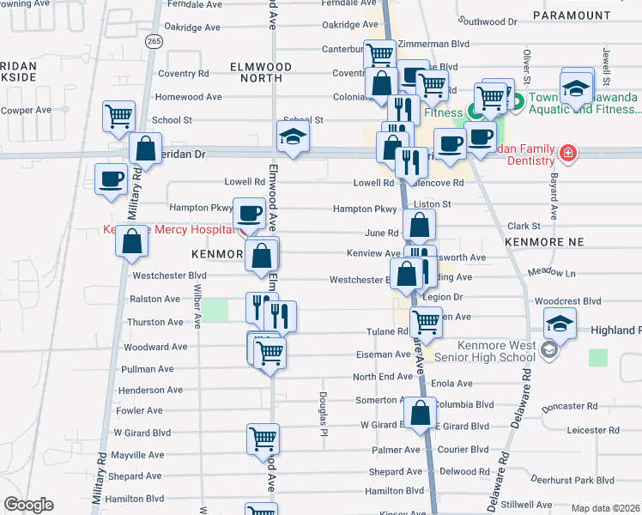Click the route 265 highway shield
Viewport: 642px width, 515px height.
pyautogui.click(x=154, y=41)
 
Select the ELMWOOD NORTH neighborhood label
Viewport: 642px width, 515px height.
pyautogui.click(x=261, y=72)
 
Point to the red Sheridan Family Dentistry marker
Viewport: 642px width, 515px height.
pyautogui.click(x=566, y=154)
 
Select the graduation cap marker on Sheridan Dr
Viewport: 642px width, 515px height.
pyautogui.click(x=293, y=136)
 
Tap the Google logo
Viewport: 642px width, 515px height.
pyautogui.click(x=28, y=505)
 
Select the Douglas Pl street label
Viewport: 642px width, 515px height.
pyautogui.click(x=323, y=410)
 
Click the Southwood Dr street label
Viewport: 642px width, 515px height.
pyautogui.click(x=486, y=20)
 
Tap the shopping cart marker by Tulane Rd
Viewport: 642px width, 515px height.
pyautogui.click(x=427, y=323)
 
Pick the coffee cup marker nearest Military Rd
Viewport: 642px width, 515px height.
pyautogui.click(x=111, y=181)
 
